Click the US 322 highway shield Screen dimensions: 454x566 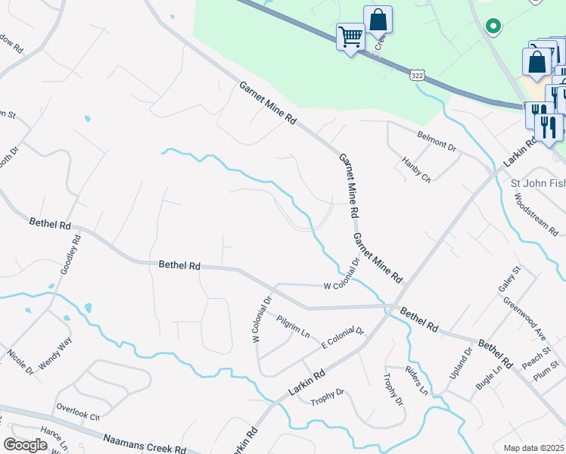[x=418, y=75]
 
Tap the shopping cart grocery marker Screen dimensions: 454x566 [x=350, y=36]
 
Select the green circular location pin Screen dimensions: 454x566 [x=493, y=26]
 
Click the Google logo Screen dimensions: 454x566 [x=25, y=445]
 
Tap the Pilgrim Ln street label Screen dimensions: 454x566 [x=294, y=327]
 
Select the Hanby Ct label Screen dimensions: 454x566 [x=416, y=169]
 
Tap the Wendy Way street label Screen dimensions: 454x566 [x=55, y=353]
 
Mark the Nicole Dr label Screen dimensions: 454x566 [x=20, y=362]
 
